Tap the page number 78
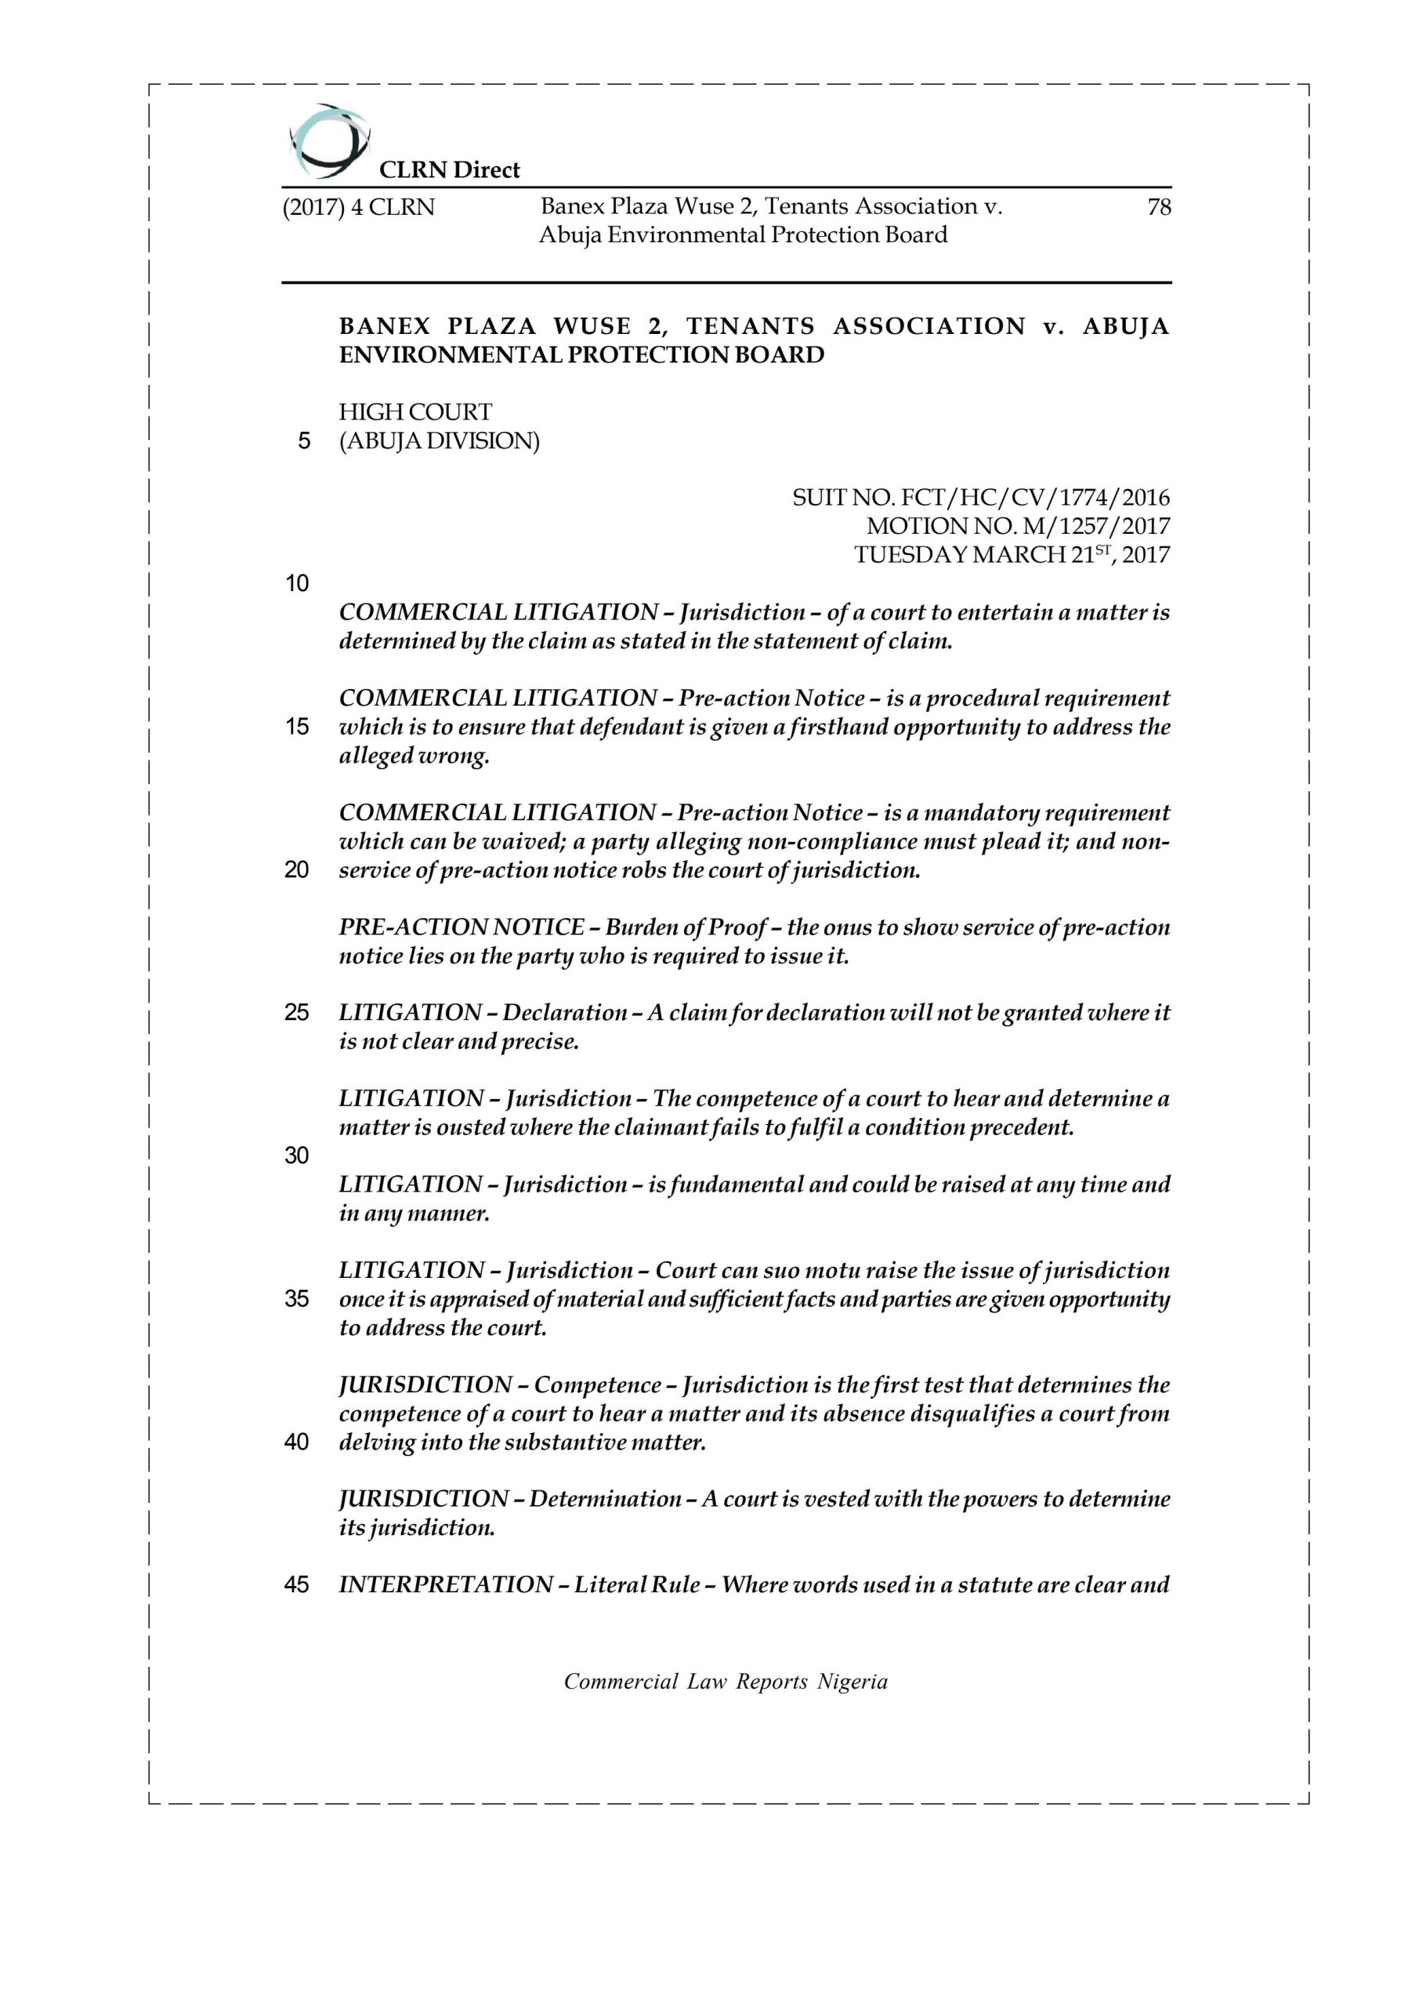1159,207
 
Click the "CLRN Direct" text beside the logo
449,170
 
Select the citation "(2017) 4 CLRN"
358,208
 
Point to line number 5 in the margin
303,441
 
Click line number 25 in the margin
297,1013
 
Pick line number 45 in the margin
297,1584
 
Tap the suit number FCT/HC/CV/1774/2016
981,499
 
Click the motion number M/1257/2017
1018,527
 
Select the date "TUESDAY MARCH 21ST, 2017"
1012,555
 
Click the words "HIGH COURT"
415,412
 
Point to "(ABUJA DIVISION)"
439,441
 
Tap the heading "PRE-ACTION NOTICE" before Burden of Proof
462,927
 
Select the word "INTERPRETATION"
446,1584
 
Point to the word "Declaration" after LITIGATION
564,1013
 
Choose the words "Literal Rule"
636,1584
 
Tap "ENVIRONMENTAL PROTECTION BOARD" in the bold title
581,356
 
